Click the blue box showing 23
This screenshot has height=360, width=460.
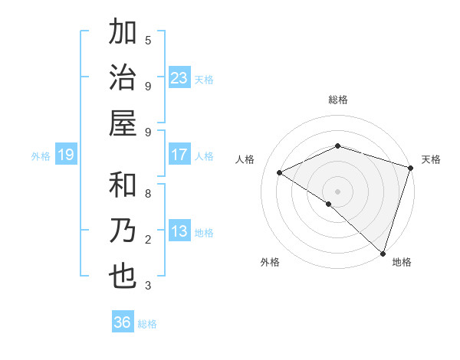179,78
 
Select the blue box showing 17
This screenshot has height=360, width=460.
179,155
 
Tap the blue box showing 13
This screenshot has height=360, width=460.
179,232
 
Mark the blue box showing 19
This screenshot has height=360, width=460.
66,155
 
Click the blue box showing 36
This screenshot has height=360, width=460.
123,323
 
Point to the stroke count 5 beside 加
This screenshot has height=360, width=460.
148,40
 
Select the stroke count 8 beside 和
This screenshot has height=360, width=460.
148,193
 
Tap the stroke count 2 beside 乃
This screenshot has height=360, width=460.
148,240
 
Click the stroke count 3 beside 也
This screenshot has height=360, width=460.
148,286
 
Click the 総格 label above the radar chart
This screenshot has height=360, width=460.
338,100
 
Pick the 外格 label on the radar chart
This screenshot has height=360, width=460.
270,262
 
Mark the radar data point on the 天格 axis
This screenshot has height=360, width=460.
411,168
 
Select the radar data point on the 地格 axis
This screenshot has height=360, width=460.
382,252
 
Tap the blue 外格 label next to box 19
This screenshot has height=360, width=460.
41,156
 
